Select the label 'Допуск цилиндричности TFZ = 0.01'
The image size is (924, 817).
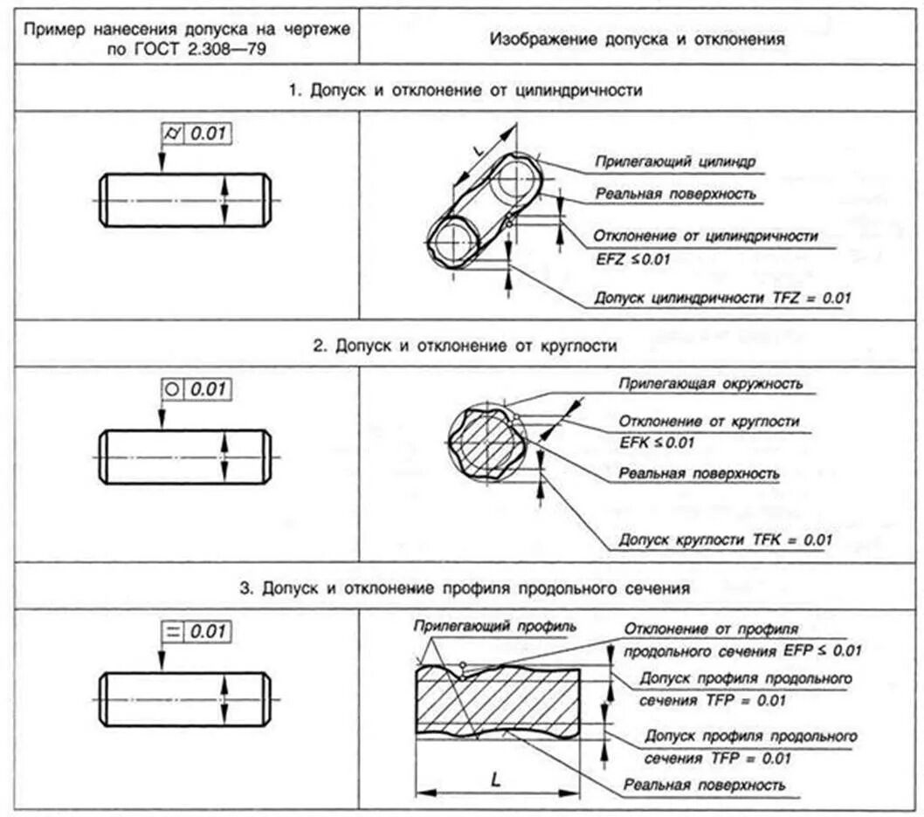(721, 298)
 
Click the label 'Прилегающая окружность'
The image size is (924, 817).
(710, 383)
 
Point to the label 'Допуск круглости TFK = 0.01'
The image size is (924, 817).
(724, 539)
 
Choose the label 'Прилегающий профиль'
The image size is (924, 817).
(495, 627)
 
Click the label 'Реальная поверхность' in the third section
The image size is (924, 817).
(704, 785)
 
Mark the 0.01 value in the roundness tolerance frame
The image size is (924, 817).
(208, 389)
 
